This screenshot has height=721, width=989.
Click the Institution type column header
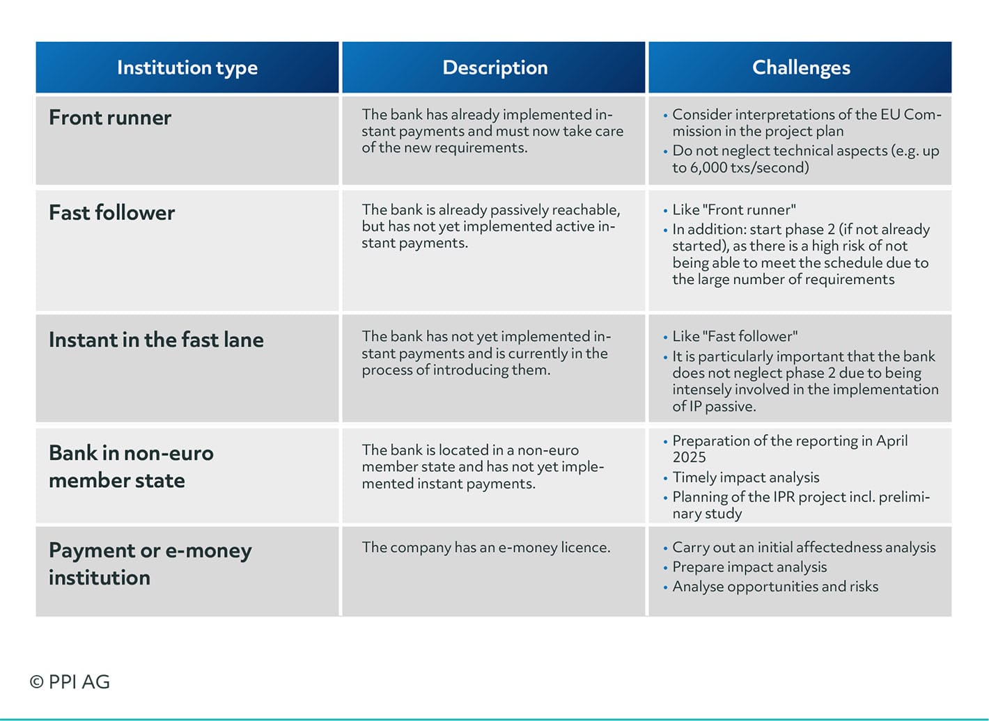tap(187, 68)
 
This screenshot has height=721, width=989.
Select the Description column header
tap(495, 68)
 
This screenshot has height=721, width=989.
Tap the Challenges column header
tap(801, 68)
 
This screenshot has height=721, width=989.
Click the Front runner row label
tap(110, 118)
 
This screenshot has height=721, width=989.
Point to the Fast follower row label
tap(111, 213)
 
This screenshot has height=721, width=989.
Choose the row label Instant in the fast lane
tap(156, 340)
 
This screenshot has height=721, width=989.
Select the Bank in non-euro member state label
tap(131, 466)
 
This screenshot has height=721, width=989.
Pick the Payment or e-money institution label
tap(150, 564)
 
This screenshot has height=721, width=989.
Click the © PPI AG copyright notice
tap(70, 682)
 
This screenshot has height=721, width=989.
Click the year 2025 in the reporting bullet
tap(689, 457)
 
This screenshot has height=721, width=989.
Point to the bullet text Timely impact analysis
tap(746, 477)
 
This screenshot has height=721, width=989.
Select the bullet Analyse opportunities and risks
tap(775, 587)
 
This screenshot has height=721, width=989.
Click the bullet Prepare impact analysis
tap(749, 567)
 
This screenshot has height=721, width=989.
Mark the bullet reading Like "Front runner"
tap(734, 210)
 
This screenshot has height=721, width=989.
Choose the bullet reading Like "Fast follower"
tap(735, 337)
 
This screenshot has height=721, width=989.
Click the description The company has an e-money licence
tap(486, 548)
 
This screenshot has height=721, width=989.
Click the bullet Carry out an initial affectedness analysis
tap(804, 548)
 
